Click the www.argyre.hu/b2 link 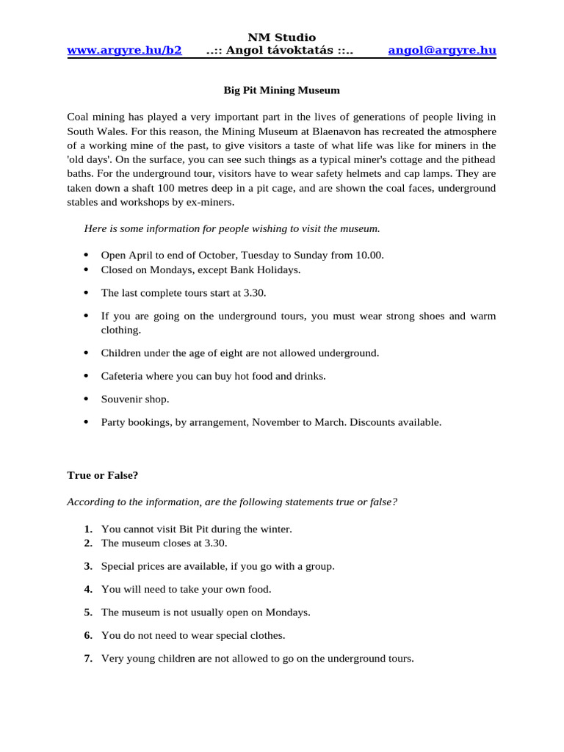pos(124,51)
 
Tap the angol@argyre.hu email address pos(442,51)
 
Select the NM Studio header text pos(281,37)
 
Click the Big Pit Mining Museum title pos(281,91)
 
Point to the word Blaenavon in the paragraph pos(339,131)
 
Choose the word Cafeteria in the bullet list pos(124,376)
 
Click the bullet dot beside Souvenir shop pos(86,399)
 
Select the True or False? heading pos(103,475)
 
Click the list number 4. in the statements pos(88,589)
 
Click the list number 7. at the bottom pos(88,659)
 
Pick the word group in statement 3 pos(319,566)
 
